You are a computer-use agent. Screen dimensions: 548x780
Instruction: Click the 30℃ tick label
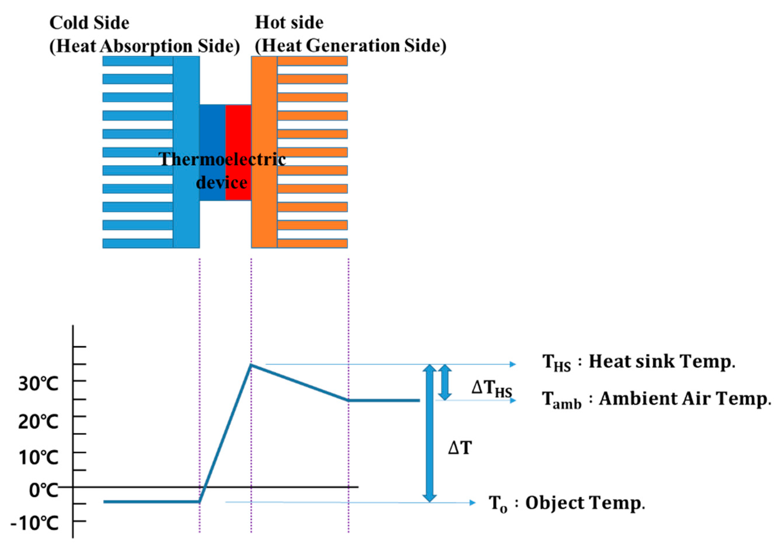tap(38, 384)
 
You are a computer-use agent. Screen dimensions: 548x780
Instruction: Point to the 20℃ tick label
tap(38, 422)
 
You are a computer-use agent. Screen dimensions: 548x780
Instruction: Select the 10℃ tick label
tap(38, 457)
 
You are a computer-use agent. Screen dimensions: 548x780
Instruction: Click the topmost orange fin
tap(312, 61)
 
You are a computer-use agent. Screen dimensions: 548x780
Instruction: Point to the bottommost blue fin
tap(138, 243)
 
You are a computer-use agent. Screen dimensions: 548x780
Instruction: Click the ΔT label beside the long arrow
tap(460, 448)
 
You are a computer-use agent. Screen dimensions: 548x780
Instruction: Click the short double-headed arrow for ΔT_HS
tap(445, 382)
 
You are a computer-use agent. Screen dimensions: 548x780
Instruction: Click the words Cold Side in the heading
tap(89, 23)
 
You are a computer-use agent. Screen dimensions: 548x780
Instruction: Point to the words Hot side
tap(289, 23)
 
